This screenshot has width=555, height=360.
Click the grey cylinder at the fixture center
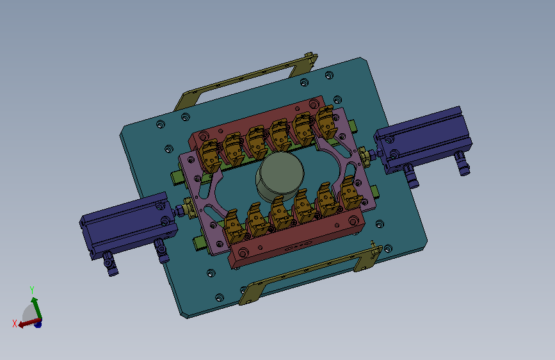click(x=280, y=177)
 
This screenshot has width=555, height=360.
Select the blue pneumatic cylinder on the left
click(x=129, y=225)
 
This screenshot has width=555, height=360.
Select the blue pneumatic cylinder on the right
click(x=423, y=140)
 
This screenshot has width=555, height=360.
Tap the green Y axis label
click(x=32, y=290)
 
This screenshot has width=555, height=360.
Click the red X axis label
click(x=15, y=323)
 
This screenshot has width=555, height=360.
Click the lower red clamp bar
click(x=296, y=238)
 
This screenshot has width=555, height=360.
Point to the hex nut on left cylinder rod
click(x=180, y=211)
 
